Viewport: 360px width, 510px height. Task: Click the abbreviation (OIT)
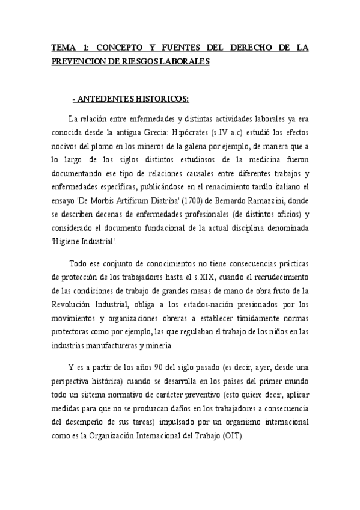[x=233, y=437]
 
